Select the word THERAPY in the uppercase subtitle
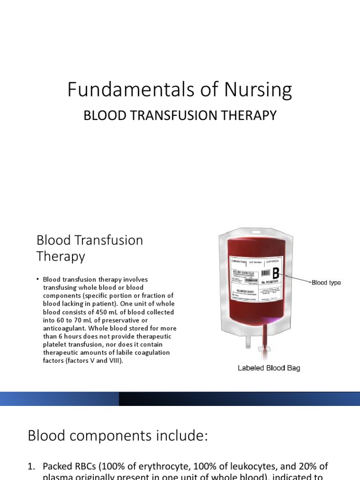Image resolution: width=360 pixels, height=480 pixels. (x=248, y=115)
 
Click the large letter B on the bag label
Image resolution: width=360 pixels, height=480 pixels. (x=276, y=273)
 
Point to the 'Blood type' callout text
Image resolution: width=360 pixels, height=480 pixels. (x=326, y=283)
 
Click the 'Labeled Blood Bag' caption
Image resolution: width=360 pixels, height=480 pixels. (x=268, y=368)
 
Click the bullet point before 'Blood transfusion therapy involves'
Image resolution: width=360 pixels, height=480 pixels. (x=37, y=279)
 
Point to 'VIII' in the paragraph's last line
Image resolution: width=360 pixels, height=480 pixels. (x=113, y=361)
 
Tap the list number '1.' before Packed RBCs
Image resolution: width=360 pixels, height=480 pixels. (x=32, y=466)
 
